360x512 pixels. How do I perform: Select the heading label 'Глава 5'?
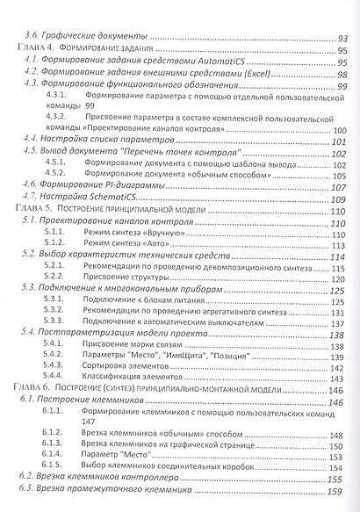point(34,212)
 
